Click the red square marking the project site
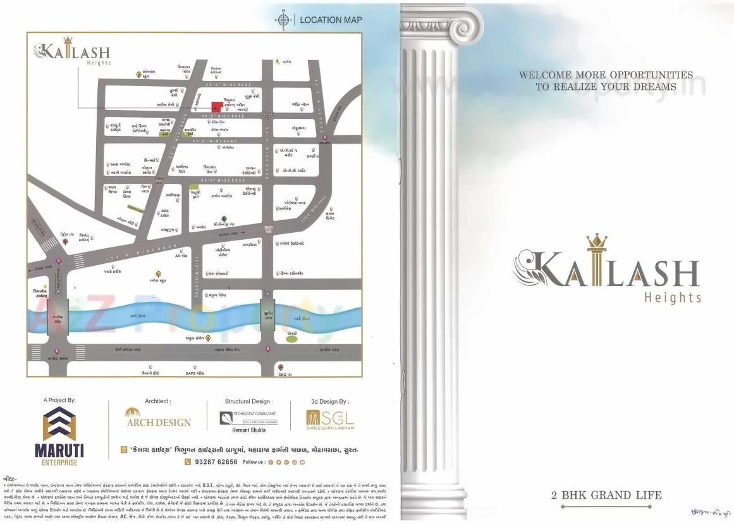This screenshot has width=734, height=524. (x=216, y=106)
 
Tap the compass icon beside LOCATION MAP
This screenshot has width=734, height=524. (x=283, y=20)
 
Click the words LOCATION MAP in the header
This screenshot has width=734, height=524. (x=331, y=20)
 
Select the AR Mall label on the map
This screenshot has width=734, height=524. (x=181, y=255)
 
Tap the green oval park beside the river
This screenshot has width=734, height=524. (x=291, y=339)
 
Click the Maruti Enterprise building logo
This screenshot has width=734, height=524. (x=59, y=425)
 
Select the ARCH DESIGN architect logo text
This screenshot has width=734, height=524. (x=158, y=422)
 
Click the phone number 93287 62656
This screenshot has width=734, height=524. (x=212, y=462)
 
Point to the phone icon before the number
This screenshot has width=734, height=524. (x=187, y=462)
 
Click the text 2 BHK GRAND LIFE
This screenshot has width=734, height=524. (x=606, y=495)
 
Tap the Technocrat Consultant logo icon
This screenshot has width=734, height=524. (x=226, y=418)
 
